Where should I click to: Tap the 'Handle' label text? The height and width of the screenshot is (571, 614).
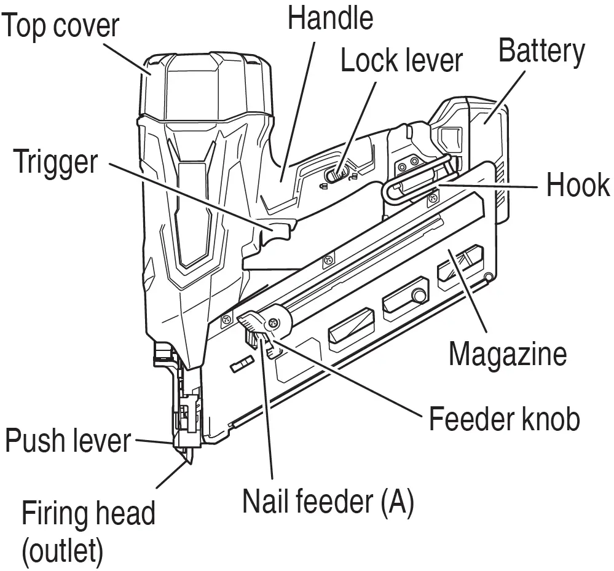[330, 18]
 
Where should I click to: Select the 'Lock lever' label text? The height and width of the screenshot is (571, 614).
[401, 61]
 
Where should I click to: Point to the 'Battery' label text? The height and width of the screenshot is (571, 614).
[541, 52]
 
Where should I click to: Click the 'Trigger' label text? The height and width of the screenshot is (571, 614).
[55, 162]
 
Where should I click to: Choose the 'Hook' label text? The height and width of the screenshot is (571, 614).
[578, 185]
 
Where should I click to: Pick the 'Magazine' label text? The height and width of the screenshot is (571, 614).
[507, 354]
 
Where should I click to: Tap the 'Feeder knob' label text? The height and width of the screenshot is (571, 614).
[504, 420]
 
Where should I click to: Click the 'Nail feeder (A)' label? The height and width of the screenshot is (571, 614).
[328, 501]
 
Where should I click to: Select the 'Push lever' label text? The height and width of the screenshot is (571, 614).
[68, 441]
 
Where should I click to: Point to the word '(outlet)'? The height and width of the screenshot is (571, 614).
[62, 551]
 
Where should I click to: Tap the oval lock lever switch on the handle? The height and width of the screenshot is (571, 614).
[337, 175]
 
